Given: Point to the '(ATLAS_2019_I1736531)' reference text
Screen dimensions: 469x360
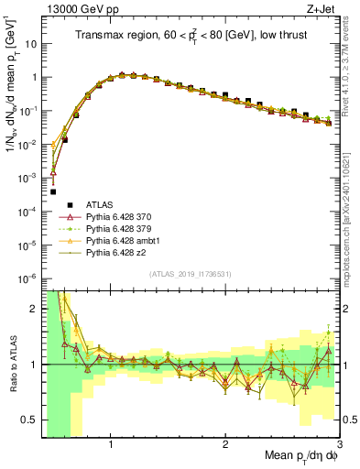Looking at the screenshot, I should pos(190,274).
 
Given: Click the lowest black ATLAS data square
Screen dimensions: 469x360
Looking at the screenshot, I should pos(53,191).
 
